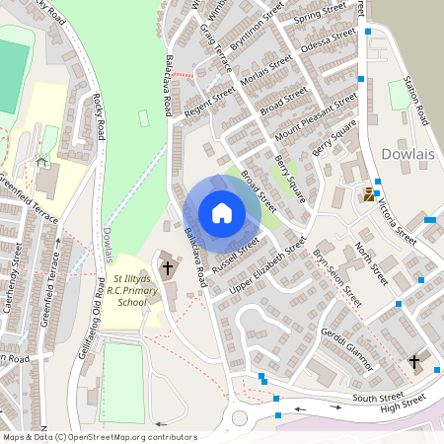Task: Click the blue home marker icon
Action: (222, 213)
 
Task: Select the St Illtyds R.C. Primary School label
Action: (131, 293)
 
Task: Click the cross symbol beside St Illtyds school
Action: (168, 267)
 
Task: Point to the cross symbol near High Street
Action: (414, 362)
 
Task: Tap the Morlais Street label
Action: (266, 75)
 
